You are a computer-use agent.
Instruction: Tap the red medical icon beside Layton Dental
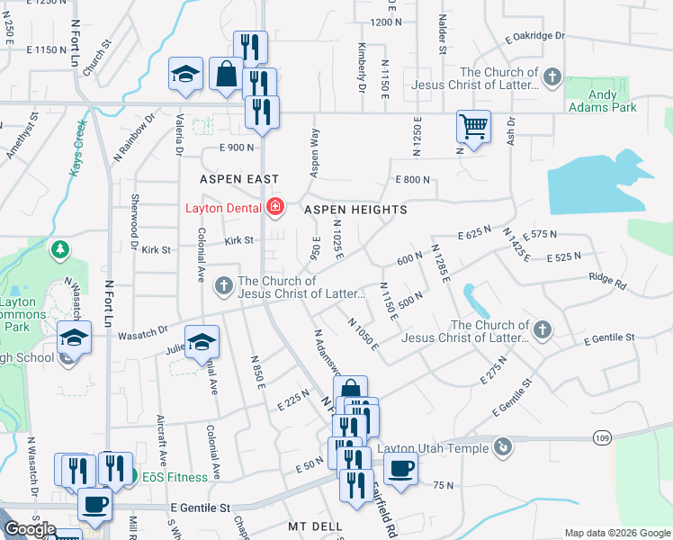[274, 209]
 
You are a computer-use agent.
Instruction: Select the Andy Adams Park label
[602, 100]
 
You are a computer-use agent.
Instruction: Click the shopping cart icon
[473, 126]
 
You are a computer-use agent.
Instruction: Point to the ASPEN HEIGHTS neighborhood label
[355, 210]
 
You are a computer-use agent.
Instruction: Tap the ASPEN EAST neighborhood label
[239, 179]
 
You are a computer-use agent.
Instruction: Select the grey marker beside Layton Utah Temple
[504, 445]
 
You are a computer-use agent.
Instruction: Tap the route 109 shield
[603, 437]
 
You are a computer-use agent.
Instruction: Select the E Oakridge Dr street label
[534, 38]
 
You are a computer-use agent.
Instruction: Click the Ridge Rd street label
[607, 281]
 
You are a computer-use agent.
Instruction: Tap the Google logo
[30, 529]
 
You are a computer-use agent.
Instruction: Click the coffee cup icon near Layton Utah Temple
[400, 467]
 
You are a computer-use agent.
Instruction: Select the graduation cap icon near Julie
[202, 342]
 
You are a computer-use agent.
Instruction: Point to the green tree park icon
[60, 249]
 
